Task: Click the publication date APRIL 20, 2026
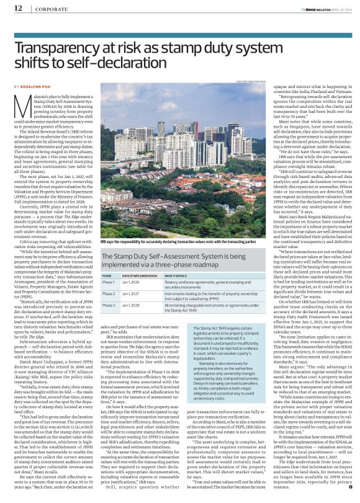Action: pyautogui.click(x=338, y=8)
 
